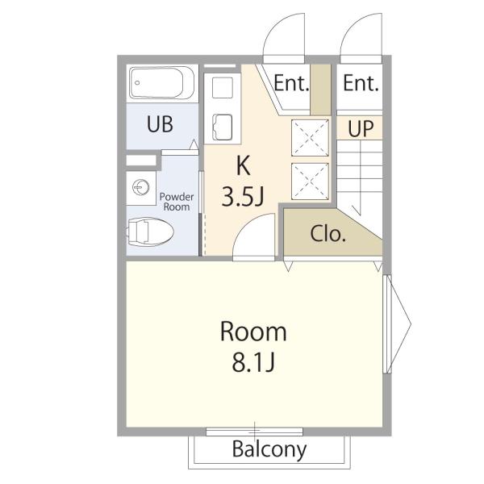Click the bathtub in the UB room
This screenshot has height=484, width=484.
[x=162, y=83]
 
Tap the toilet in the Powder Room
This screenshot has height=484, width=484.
[x=150, y=232]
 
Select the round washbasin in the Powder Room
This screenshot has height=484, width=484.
[x=141, y=187]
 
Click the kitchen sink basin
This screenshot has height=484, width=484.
[x=223, y=127]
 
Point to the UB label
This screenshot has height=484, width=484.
[x=160, y=124]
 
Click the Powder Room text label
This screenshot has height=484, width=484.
[x=177, y=202]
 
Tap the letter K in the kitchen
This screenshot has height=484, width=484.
[x=243, y=165]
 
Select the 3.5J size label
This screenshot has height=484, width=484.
[x=243, y=197]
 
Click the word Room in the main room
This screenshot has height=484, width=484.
[x=253, y=332]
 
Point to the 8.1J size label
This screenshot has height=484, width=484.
[x=253, y=362]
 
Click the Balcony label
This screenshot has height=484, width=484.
[x=269, y=450]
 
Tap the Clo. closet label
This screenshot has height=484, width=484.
[x=328, y=234]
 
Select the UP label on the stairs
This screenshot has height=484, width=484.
[x=361, y=128]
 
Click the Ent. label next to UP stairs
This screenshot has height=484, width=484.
[x=361, y=83]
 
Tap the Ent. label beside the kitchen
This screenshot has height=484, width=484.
[x=291, y=83]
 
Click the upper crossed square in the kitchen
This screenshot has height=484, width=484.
[x=311, y=138]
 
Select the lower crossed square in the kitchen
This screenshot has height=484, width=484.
[x=311, y=181]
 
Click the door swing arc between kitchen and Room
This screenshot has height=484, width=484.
[x=245, y=225]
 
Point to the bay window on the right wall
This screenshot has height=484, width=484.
[x=397, y=324]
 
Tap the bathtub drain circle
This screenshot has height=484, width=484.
[x=137, y=83]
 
